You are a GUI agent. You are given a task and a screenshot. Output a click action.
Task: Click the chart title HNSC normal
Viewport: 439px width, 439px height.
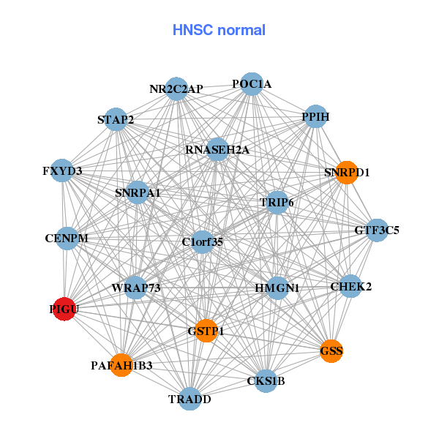click(x=219, y=30)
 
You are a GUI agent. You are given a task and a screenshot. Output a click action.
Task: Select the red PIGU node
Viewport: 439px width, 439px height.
click(x=64, y=309)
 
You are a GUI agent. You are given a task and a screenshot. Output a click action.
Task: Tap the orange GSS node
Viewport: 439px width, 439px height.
click(x=331, y=351)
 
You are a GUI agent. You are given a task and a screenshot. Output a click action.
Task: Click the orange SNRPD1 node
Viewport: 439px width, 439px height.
click(x=346, y=173)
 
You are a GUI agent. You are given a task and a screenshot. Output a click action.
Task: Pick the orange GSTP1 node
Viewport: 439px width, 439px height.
click(x=206, y=331)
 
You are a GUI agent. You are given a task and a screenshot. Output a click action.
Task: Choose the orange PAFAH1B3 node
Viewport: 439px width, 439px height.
click(x=121, y=364)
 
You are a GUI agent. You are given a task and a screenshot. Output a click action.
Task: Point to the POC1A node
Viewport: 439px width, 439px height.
click(x=252, y=84)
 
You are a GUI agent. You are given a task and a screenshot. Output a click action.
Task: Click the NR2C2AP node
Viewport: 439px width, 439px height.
click(x=176, y=89)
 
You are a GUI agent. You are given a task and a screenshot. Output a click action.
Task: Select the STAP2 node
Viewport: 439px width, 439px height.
click(x=116, y=119)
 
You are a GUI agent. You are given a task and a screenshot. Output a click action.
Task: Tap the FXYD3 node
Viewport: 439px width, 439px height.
click(x=63, y=171)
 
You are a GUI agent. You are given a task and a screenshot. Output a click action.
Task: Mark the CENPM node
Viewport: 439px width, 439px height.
click(x=67, y=238)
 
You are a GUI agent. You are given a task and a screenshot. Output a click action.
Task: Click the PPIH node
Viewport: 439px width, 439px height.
click(x=315, y=117)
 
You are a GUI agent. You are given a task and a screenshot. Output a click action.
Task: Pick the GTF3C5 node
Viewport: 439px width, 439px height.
click(x=377, y=230)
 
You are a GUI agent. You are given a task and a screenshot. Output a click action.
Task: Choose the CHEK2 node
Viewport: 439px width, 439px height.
click(x=351, y=286)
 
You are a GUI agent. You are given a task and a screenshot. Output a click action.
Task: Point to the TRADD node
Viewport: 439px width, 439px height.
click(x=190, y=399)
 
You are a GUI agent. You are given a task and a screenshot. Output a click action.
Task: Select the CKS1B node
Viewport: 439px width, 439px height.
click(x=266, y=380)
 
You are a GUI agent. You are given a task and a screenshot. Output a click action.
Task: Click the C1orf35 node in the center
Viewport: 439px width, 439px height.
click(x=203, y=241)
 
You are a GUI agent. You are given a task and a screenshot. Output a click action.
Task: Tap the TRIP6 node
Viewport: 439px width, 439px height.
click(x=277, y=202)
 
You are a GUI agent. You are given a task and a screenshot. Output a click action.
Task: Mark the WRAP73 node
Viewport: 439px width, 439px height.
click(x=136, y=288)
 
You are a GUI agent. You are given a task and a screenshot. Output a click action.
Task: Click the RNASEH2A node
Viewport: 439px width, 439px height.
click(x=217, y=150)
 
